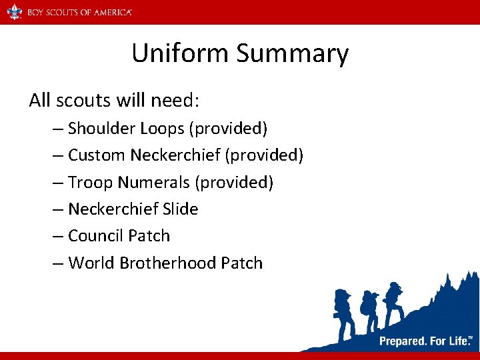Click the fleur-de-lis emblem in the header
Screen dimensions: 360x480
(x=14, y=11)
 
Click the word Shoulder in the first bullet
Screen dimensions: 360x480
(x=101, y=128)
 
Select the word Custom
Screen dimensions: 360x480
(x=97, y=155)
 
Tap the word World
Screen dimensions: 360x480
(x=91, y=263)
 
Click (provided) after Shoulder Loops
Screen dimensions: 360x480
(x=227, y=128)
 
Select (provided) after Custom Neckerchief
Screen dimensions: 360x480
(x=264, y=155)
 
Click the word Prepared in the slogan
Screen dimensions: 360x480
(x=403, y=341)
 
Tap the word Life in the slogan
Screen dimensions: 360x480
(x=457, y=341)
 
